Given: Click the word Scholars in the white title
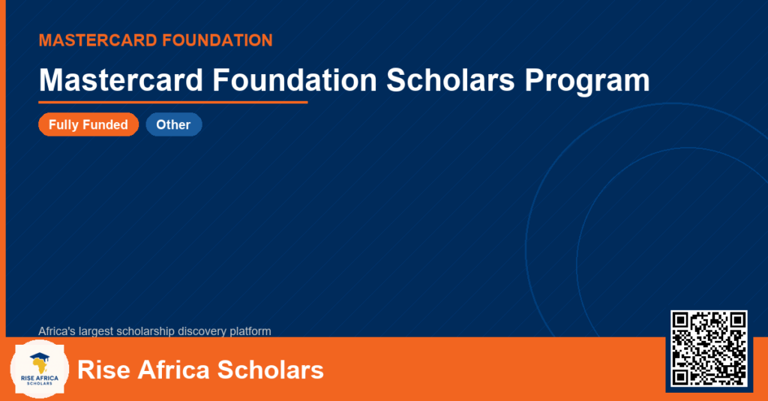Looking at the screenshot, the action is [451, 79].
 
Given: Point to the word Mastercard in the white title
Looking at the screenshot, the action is [121, 79].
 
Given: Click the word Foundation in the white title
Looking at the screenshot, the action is [294, 79].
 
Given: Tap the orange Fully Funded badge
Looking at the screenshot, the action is [88, 124].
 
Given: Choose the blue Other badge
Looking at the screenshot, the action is [174, 124].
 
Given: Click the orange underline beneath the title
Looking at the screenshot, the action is [173, 103].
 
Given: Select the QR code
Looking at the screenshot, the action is [709, 349].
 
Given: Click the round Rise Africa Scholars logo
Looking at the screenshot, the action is [40, 370].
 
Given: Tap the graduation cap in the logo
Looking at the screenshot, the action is [40, 357].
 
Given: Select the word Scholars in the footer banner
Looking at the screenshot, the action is [270, 370].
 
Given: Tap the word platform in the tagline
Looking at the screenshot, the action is [250, 331].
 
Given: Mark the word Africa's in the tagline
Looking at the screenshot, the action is [57, 331].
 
